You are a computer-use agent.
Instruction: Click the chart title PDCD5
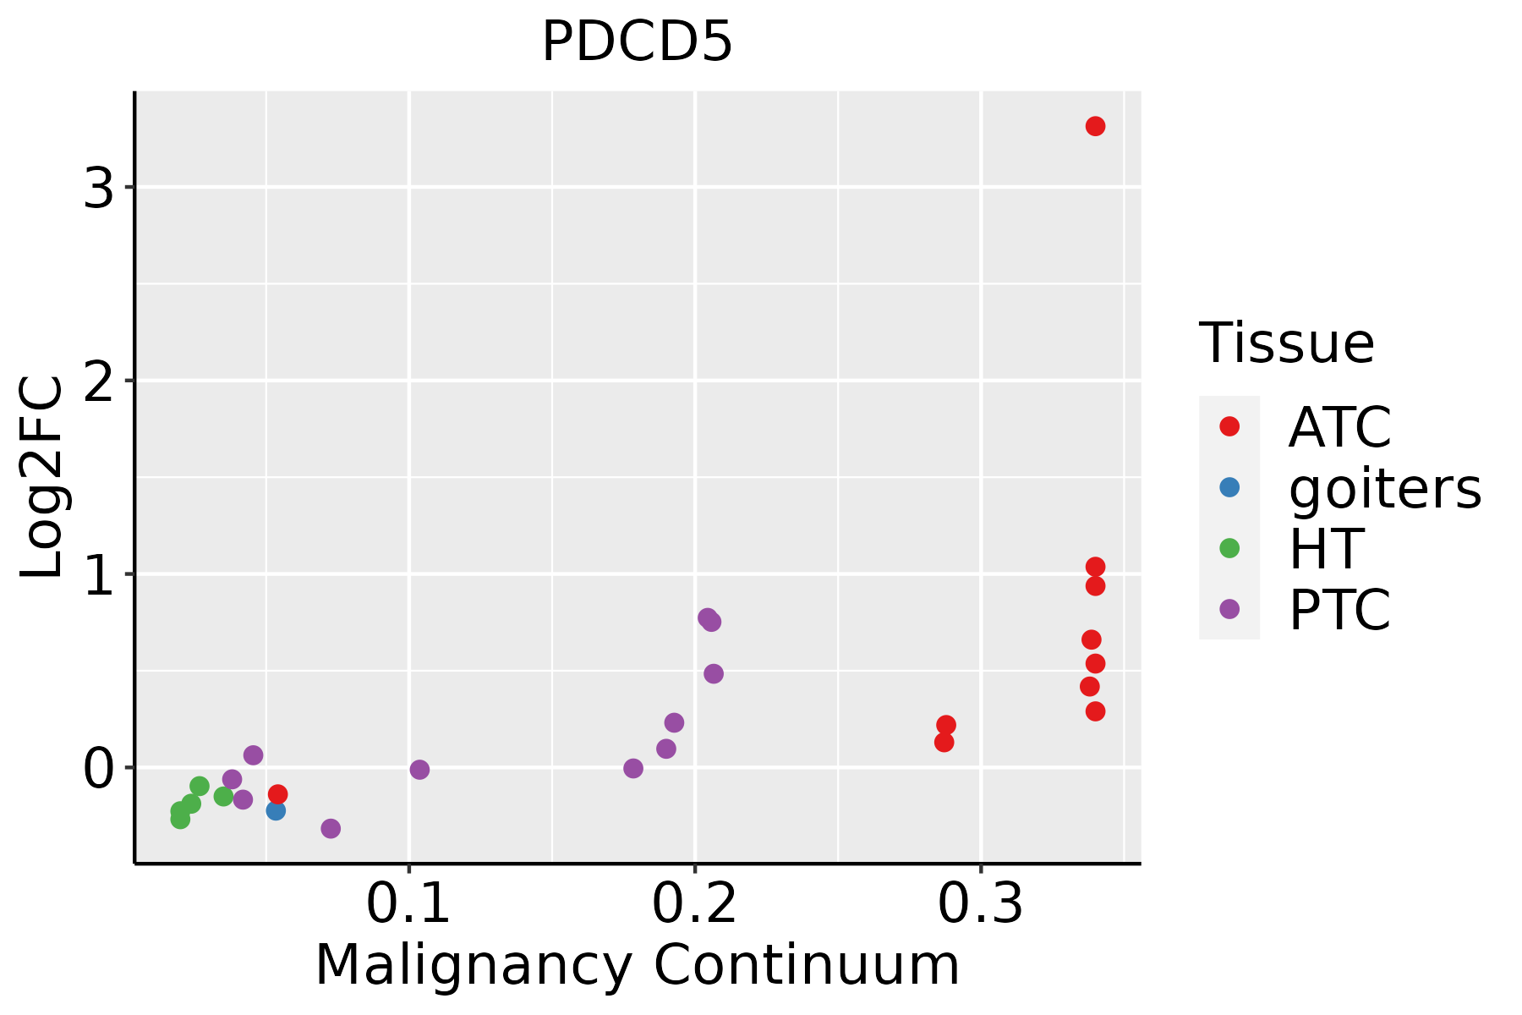(x=637, y=41)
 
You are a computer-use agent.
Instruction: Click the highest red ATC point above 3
(x=1095, y=126)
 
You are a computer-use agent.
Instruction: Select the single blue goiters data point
(x=276, y=810)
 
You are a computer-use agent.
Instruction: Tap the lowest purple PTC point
(x=331, y=828)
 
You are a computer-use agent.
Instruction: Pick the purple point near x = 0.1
(x=419, y=770)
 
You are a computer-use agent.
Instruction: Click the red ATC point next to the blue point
(x=277, y=794)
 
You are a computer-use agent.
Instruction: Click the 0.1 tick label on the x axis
(x=408, y=904)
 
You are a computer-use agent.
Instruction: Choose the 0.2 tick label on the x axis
(x=694, y=904)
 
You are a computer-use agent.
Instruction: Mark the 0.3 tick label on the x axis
(x=981, y=904)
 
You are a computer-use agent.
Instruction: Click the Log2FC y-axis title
(x=41, y=477)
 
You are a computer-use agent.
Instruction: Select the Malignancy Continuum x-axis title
(x=638, y=965)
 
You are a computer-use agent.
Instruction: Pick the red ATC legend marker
(x=1229, y=426)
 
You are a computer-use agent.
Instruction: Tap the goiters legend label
(x=1385, y=488)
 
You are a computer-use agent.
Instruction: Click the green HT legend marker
(x=1229, y=548)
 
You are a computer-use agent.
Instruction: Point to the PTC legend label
(x=1339, y=609)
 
